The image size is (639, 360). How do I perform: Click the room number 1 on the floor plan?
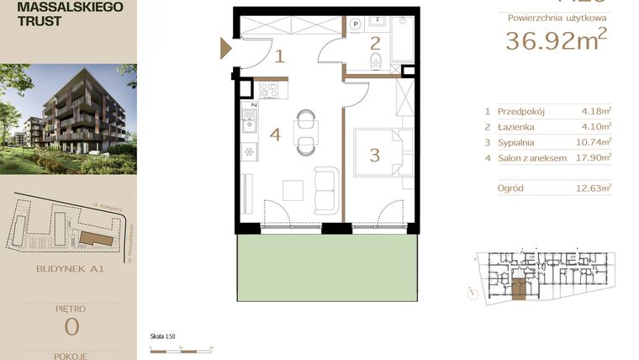(280, 57)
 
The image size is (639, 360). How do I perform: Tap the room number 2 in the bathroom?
(375, 43)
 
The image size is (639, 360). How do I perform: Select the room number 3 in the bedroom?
(375, 155)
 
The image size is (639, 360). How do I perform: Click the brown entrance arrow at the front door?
(225, 48)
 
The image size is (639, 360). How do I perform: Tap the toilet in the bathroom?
(377, 61)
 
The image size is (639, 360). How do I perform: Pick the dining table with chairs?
(305, 133)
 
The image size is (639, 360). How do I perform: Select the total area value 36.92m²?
(556, 40)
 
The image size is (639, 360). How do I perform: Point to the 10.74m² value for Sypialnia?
(596, 141)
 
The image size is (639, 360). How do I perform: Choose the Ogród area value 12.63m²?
(596, 188)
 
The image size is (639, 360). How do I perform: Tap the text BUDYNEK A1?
(71, 270)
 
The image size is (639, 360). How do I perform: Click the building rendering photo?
(68, 118)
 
